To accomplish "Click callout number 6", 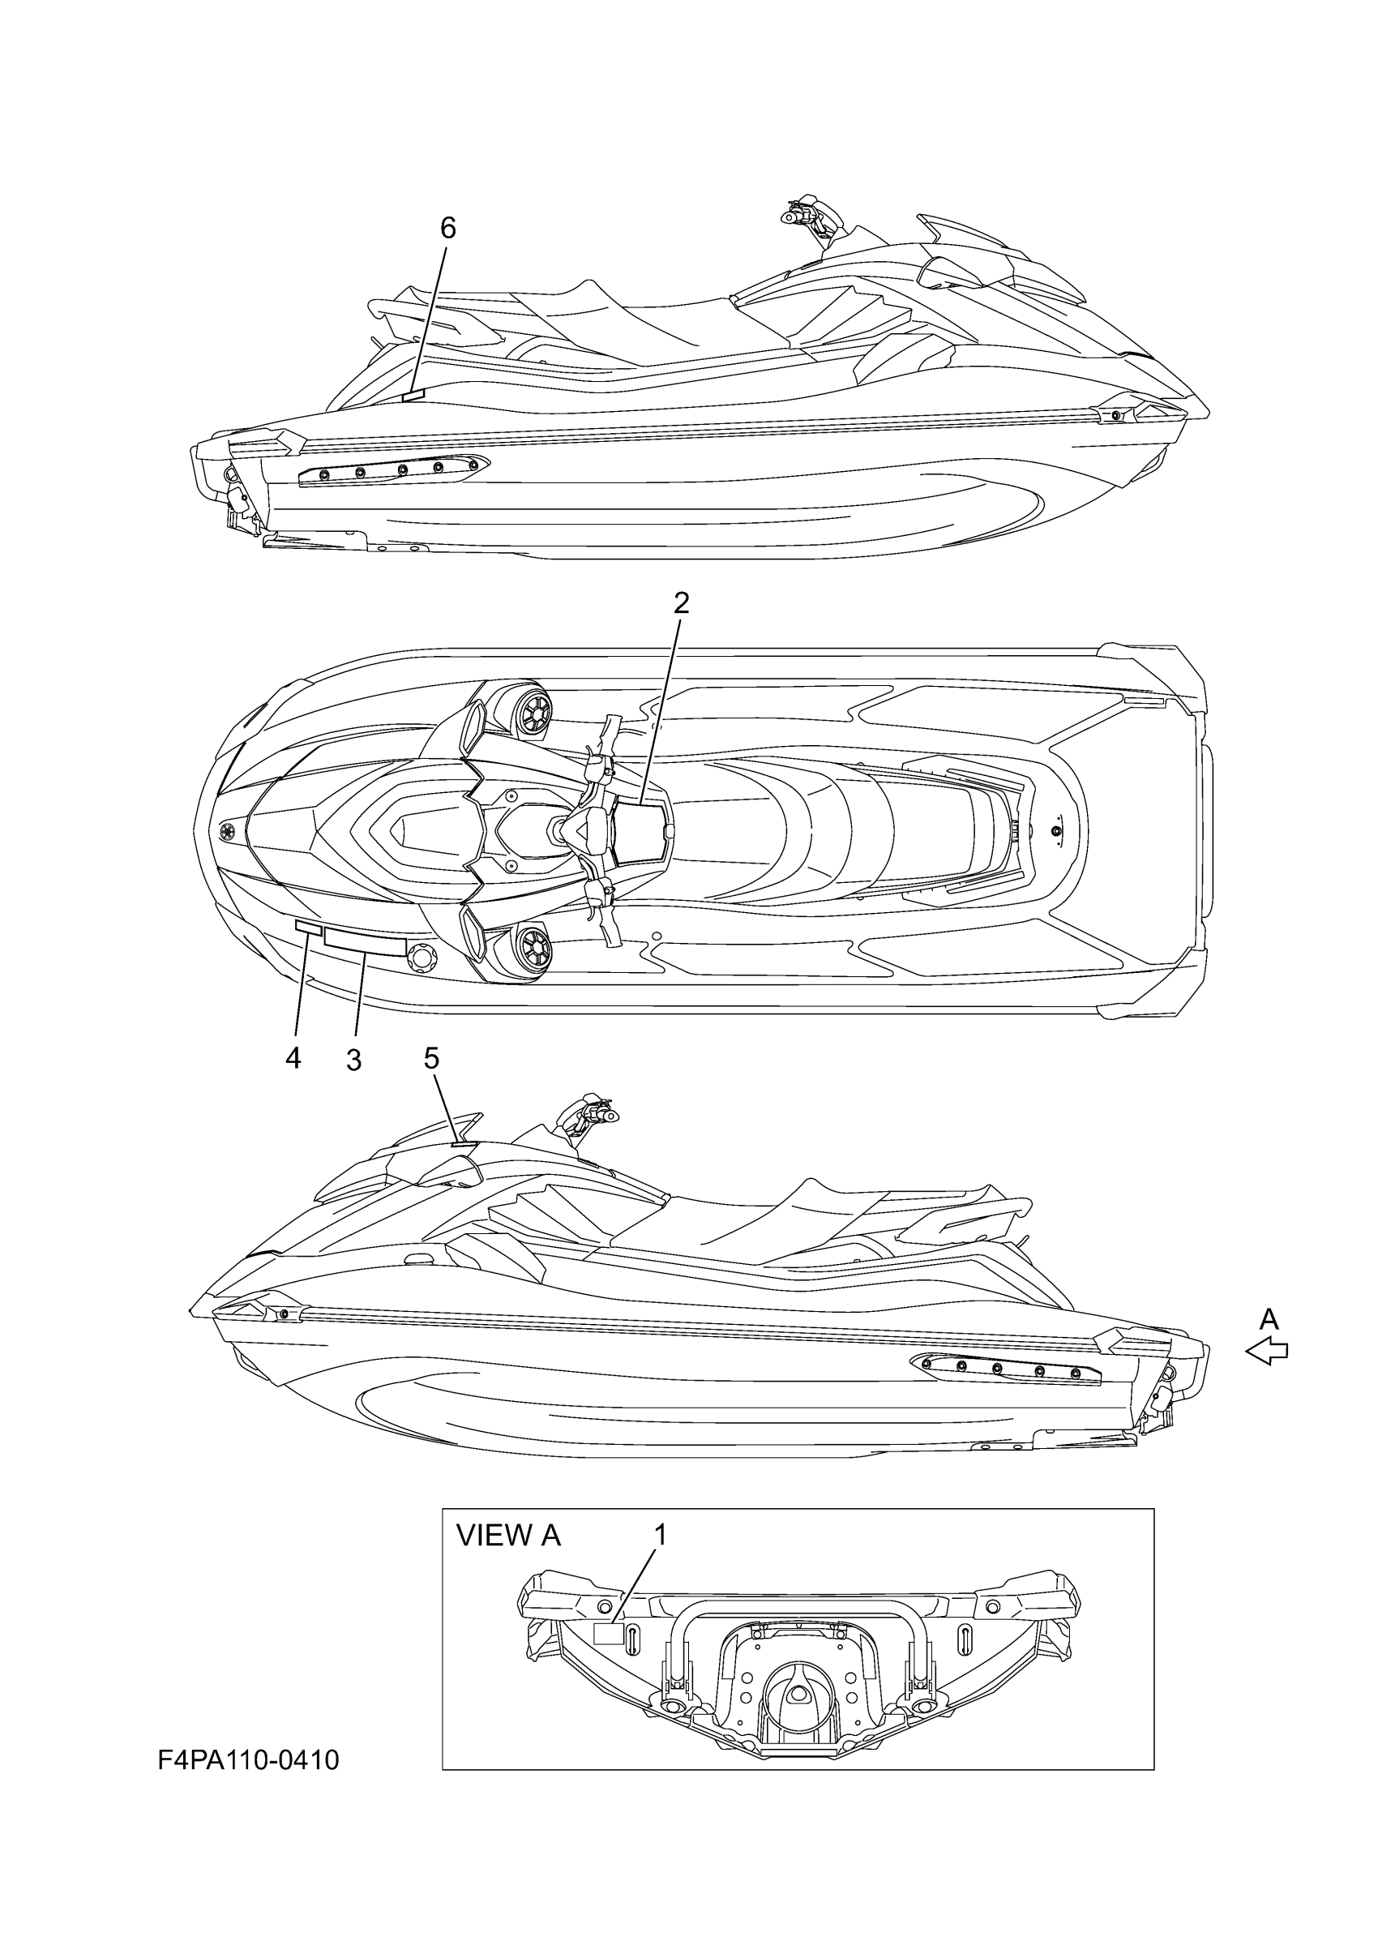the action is [447, 228].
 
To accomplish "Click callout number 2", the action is [681, 602].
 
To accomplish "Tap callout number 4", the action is [293, 1058].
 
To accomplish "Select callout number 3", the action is [354, 1060].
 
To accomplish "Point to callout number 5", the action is [432, 1058].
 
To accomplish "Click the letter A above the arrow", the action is [1269, 1319].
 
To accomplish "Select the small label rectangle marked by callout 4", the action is [307, 929].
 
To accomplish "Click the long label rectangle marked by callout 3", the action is [364, 941].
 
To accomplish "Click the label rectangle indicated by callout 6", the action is [413, 393].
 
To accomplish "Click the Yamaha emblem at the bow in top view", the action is [228, 831].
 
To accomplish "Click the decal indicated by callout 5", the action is [464, 1145].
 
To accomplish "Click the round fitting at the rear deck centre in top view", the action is [1057, 830].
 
